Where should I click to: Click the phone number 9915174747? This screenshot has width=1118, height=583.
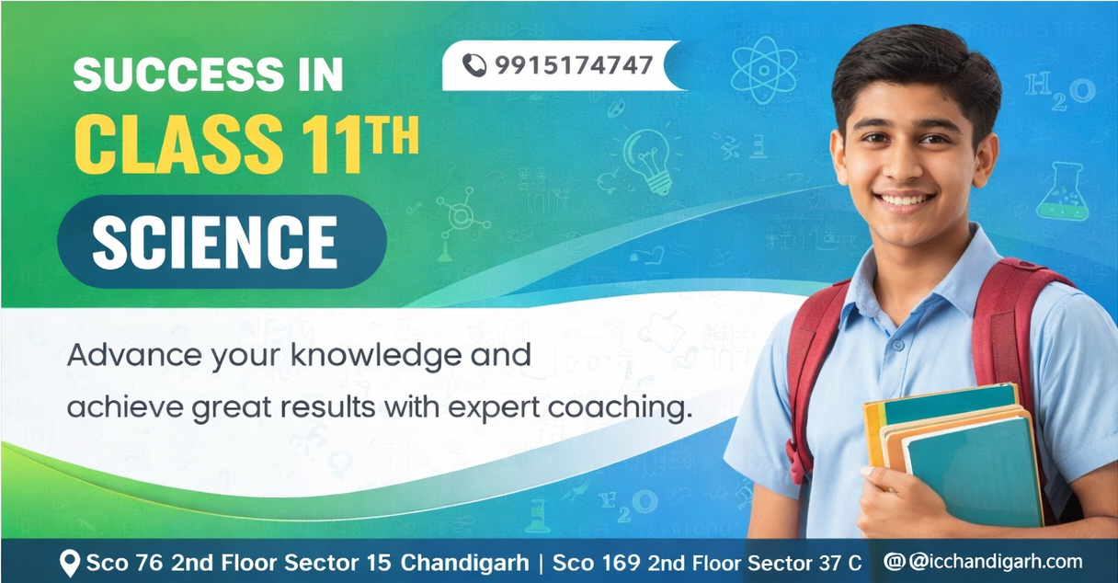point(574,65)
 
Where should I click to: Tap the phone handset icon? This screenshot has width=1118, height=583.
point(474,65)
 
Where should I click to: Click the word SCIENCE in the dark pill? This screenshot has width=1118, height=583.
point(215,242)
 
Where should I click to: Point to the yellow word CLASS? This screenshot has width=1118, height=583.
point(178,143)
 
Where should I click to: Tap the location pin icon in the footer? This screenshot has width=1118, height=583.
point(69,564)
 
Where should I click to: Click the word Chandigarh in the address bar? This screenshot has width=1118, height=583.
point(464,563)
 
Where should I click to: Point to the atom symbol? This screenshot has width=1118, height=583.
point(764,70)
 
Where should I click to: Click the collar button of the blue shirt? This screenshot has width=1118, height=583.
point(898,345)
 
